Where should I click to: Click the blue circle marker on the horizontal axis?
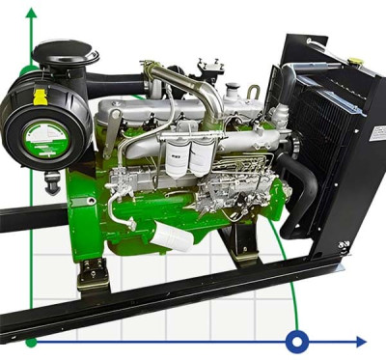297,341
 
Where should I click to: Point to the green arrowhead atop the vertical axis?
32,14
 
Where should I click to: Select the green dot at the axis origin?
32,341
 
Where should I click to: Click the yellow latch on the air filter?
40,97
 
